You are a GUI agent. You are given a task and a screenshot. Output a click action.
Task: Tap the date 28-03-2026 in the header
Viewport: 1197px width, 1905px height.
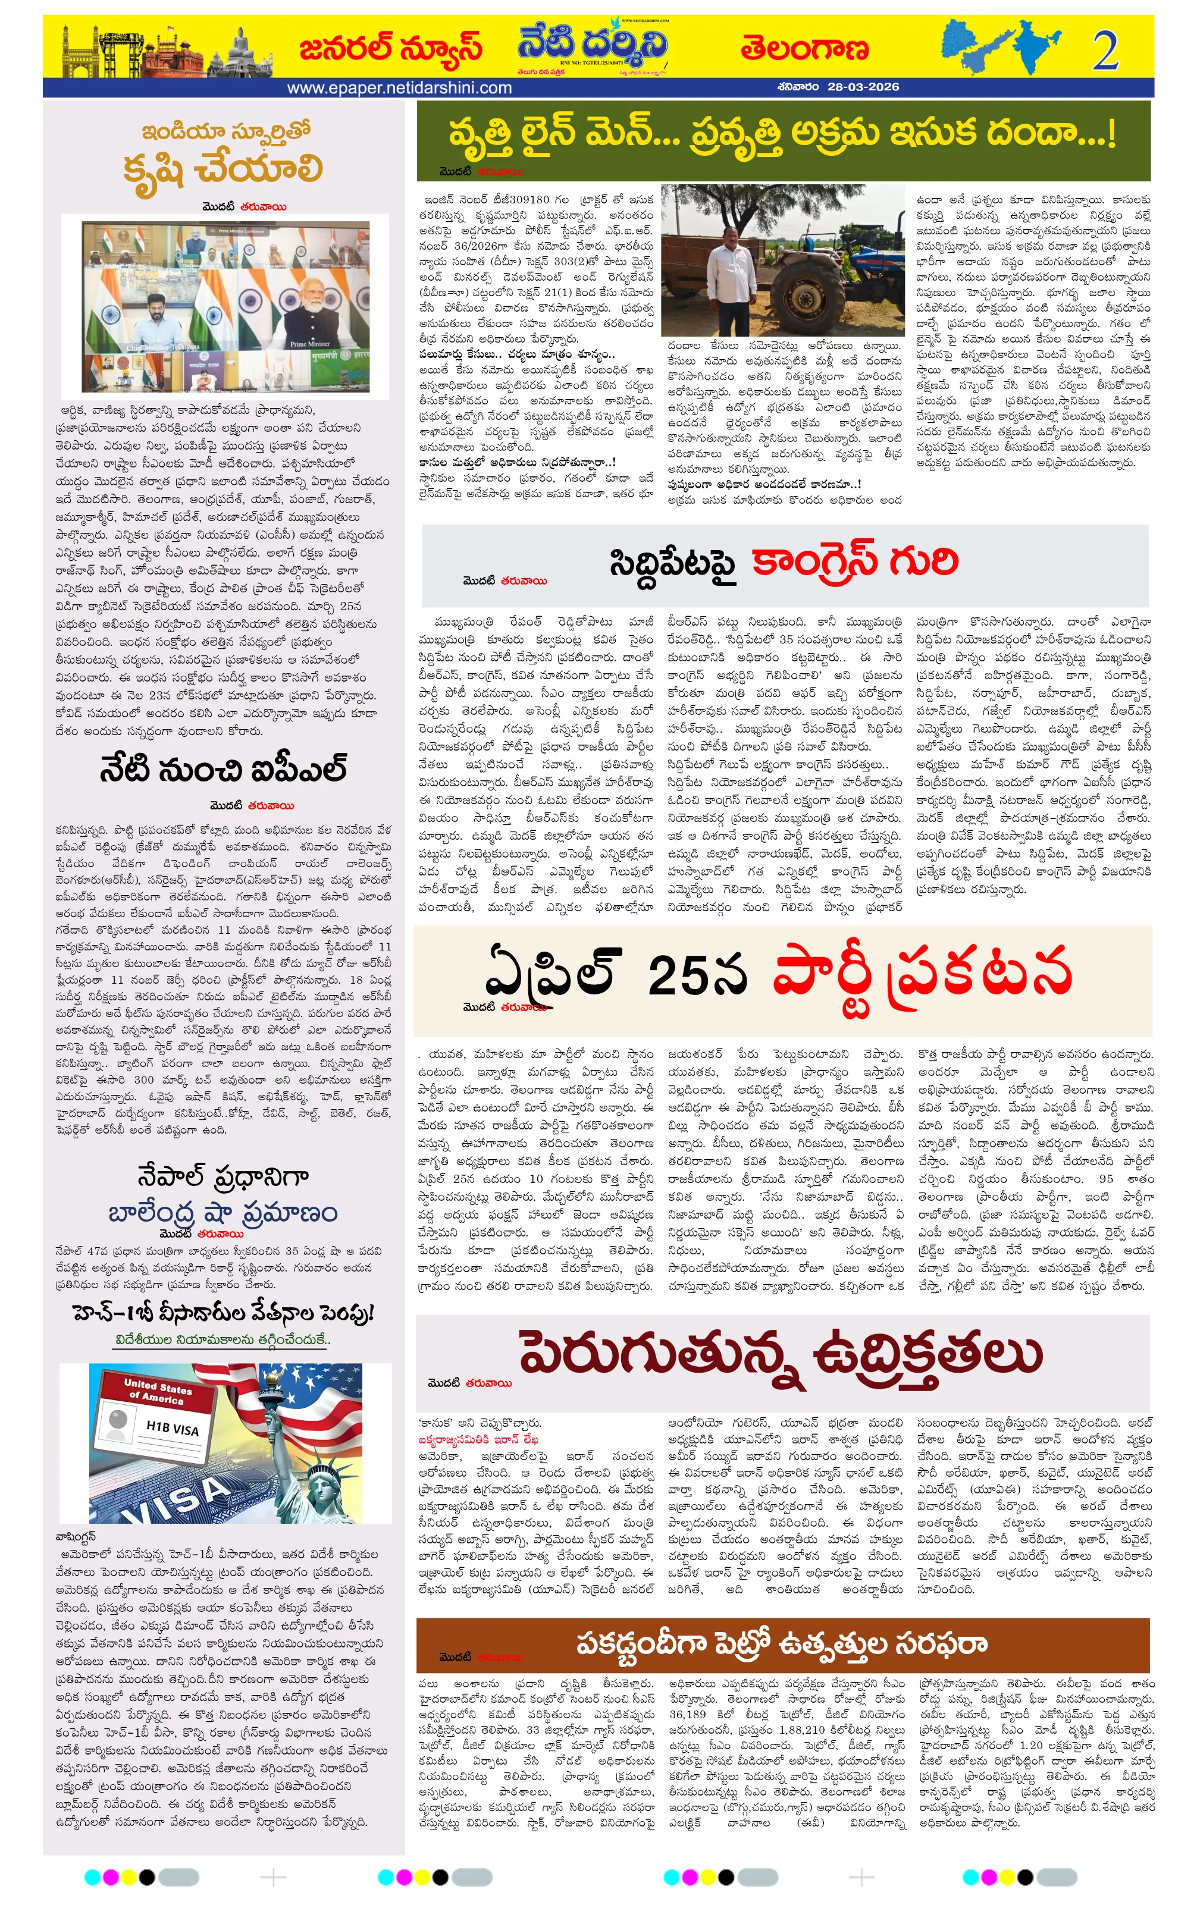tap(863, 87)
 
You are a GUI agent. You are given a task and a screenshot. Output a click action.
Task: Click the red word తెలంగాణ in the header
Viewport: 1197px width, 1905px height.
tap(804, 49)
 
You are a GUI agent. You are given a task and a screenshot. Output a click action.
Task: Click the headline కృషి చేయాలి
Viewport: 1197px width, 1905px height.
tap(223, 168)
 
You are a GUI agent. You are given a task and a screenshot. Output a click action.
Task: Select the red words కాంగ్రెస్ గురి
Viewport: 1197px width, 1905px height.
tap(854, 561)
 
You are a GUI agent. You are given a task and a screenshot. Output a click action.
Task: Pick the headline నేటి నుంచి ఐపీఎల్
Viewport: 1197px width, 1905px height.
tap(223, 769)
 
